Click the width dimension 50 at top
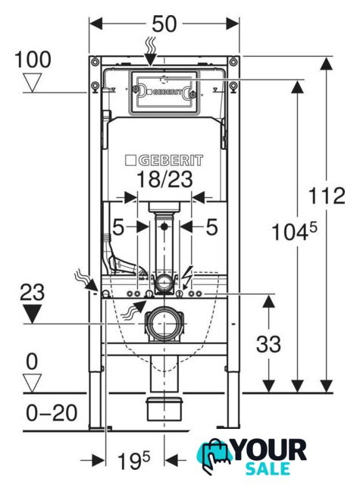click(164, 24)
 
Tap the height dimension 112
click(327, 196)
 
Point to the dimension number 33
click(268, 344)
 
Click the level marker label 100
click(33, 60)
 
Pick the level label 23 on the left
click(32, 292)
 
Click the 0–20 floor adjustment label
click(52, 412)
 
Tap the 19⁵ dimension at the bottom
click(133, 461)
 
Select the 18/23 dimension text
click(164, 179)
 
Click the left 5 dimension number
click(118, 227)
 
